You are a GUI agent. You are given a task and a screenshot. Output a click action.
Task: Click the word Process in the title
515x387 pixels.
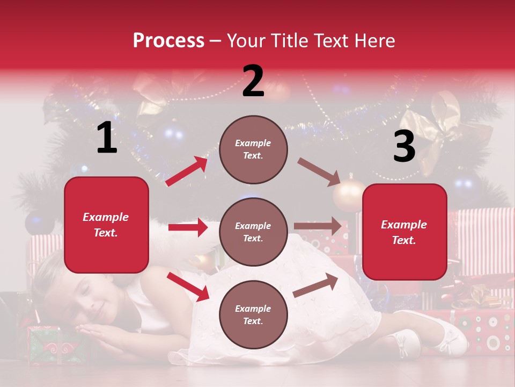[x=168, y=40]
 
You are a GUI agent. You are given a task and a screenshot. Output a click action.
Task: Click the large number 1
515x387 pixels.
[x=107, y=138]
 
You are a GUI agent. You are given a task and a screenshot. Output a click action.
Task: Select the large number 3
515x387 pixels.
[x=404, y=146]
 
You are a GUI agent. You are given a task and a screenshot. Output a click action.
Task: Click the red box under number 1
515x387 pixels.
[x=106, y=225]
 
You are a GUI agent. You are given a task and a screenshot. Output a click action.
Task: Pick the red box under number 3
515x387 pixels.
[x=404, y=232]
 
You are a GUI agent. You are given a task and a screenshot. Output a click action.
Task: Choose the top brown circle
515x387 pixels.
[x=253, y=149]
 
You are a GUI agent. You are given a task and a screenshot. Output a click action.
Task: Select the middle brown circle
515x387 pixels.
[x=253, y=232]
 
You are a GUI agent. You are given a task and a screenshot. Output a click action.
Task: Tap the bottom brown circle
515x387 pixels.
[x=253, y=314]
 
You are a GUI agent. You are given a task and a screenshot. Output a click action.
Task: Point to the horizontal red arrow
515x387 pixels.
[x=188, y=227]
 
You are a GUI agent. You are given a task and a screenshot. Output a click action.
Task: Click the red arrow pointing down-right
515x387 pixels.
[x=188, y=286]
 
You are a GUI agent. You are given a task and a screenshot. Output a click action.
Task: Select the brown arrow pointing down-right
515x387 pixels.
[x=319, y=171]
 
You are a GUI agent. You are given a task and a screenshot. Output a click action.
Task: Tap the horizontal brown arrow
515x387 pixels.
[x=318, y=226]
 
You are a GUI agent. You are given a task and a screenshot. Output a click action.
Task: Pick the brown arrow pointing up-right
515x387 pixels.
[x=316, y=285]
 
